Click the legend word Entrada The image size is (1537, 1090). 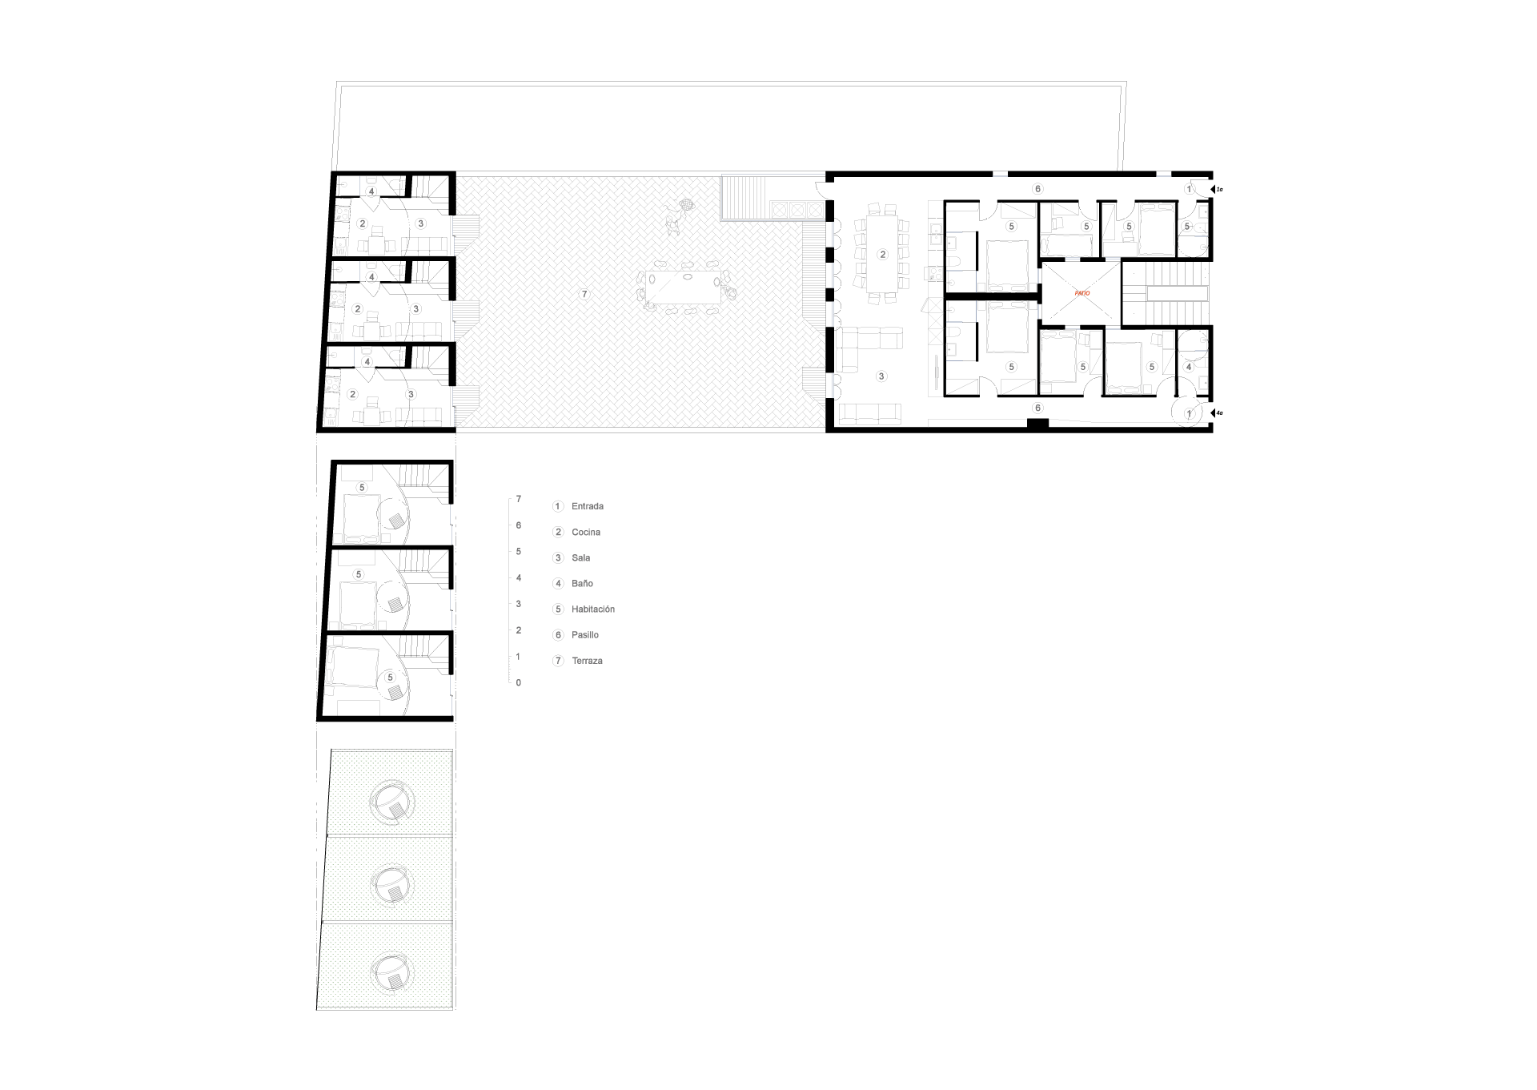588,506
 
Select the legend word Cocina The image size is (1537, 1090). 586,533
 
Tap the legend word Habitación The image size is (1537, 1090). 593,609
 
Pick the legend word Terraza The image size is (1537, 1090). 588,661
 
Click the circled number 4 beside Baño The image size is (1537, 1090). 559,584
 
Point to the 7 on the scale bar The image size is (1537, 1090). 519,499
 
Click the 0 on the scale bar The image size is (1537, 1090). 519,683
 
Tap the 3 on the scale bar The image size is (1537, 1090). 519,604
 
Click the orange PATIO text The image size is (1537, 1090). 1082,294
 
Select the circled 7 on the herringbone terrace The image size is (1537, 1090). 584,295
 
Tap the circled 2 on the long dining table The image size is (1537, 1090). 882,255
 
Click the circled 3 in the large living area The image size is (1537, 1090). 881,376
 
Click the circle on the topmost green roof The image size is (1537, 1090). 392,801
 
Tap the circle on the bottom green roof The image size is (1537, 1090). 391,971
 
